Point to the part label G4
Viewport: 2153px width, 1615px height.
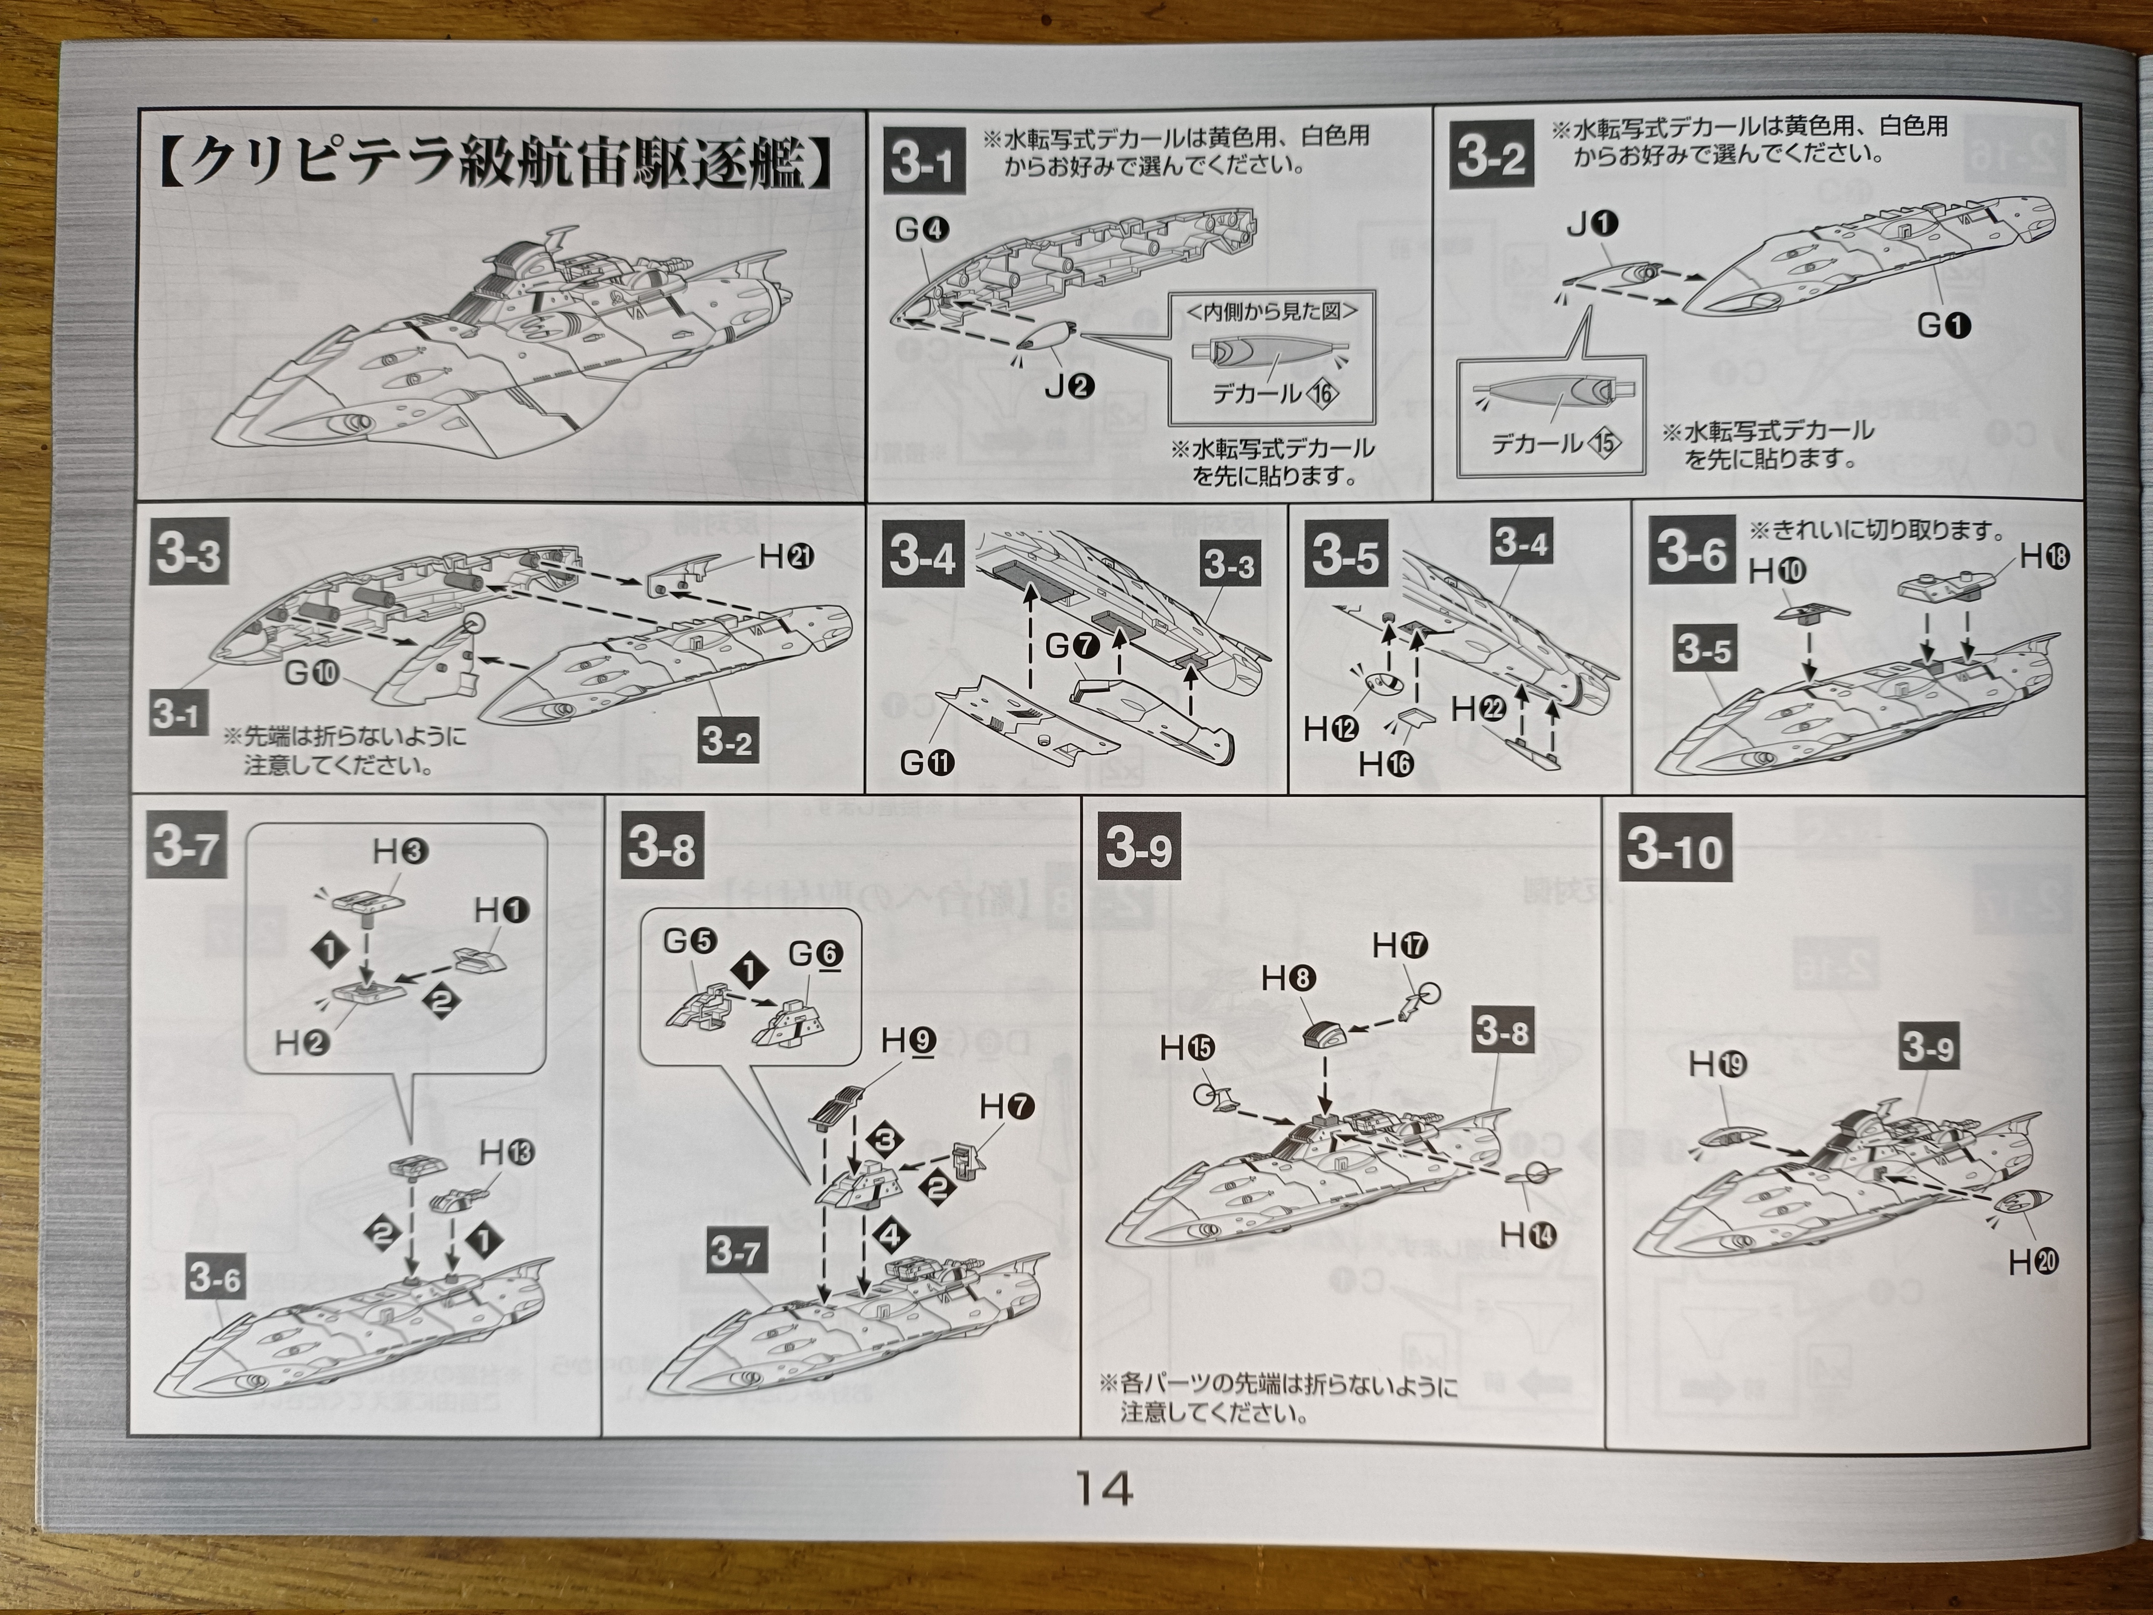922,230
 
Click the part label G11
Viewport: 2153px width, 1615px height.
928,763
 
